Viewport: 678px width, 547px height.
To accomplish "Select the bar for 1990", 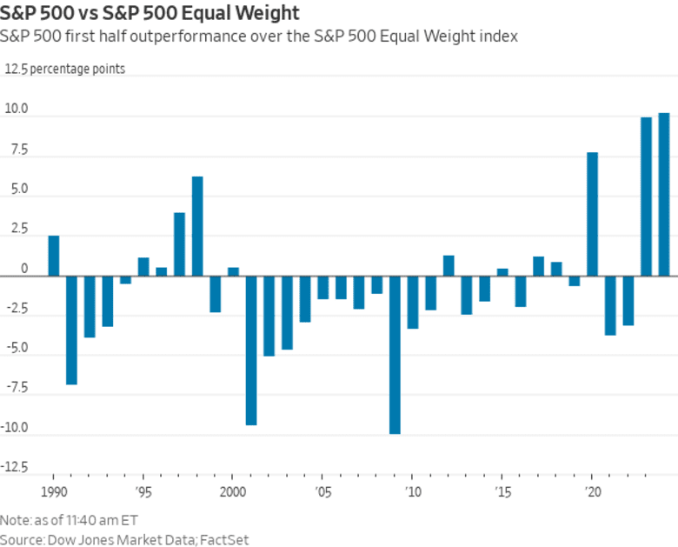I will pyautogui.click(x=54, y=256).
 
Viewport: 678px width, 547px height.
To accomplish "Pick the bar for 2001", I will pyautogui.click(x=251, y=350).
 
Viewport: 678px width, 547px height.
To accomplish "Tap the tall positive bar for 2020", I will pyautogui.click(x=593, y=214).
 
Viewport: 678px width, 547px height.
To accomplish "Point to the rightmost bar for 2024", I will pyautogui.click(x=664, y=194).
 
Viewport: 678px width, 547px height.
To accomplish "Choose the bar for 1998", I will pyautogui.click(x=197, y=226).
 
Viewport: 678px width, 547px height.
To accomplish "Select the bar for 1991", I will pyautogui.click(x=71, y=330).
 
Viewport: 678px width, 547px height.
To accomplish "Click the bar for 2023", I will pyautogui.click(x=647, y=197).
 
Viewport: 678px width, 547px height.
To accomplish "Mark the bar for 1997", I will pyautogui.click(x=179, y=243).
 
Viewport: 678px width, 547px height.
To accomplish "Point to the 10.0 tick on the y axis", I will pyautogui.click(x=17, y=110).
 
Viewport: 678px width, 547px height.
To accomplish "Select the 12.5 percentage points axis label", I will pyautogui.click(x=65, y=70).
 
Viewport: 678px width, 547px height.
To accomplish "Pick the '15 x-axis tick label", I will pyautogui.click(x=502, y=490).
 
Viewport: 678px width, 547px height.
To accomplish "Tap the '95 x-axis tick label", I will pyautogui.click(x=143, y=490).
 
